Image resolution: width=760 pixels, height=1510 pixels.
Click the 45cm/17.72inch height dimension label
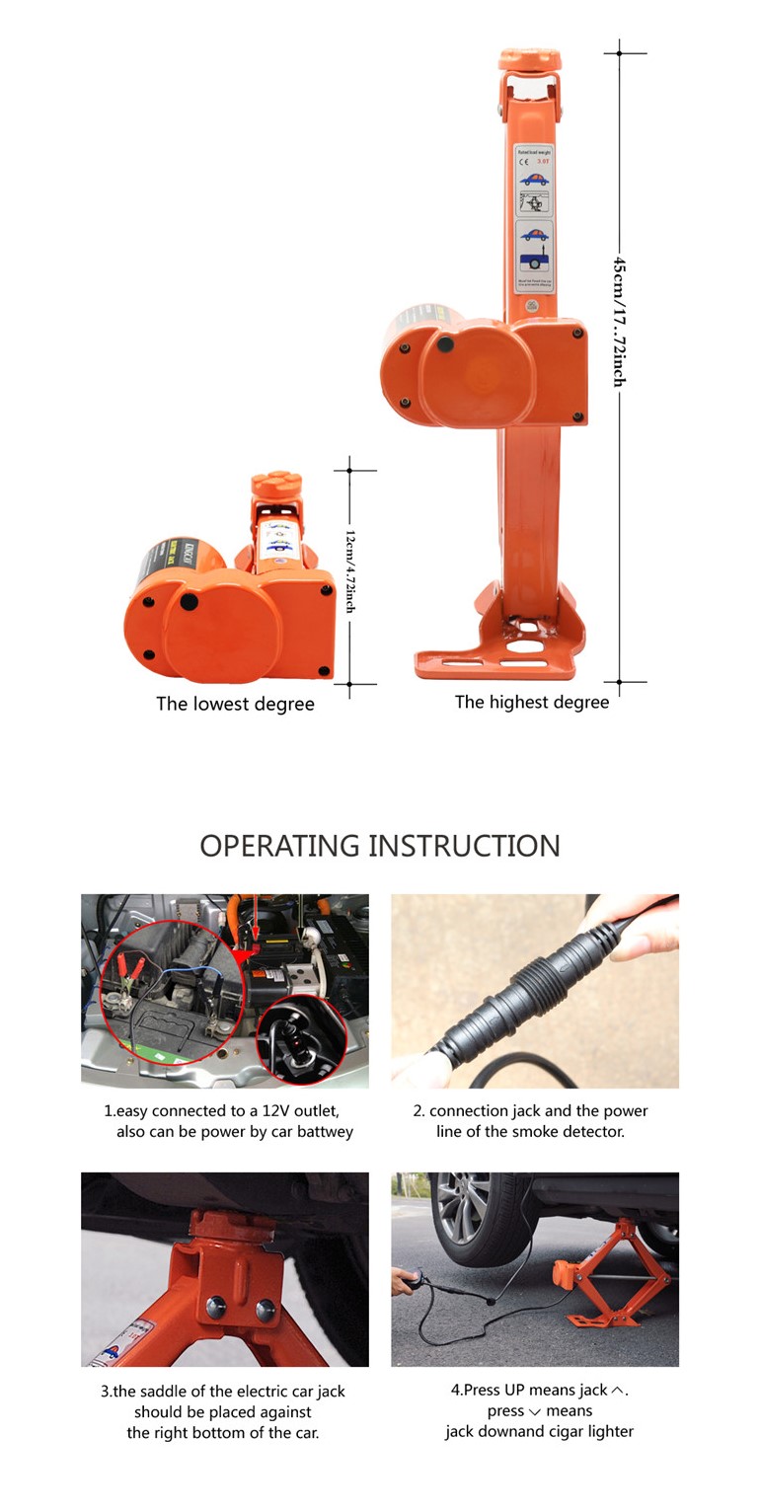619,321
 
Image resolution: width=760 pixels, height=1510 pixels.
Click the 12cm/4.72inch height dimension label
349,571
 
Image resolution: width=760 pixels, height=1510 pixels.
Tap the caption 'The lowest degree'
235,705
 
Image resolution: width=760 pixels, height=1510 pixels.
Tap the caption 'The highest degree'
532,703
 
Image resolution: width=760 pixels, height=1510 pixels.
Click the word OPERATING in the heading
279,846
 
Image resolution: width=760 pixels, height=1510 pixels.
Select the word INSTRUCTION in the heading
464,846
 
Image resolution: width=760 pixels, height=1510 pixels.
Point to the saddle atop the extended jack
529,58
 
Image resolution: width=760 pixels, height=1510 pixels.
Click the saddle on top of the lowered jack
275,487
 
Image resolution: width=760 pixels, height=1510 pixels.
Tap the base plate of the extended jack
494,663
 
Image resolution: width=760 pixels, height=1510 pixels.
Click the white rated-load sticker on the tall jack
534,217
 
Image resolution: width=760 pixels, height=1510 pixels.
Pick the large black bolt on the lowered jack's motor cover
190,601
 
